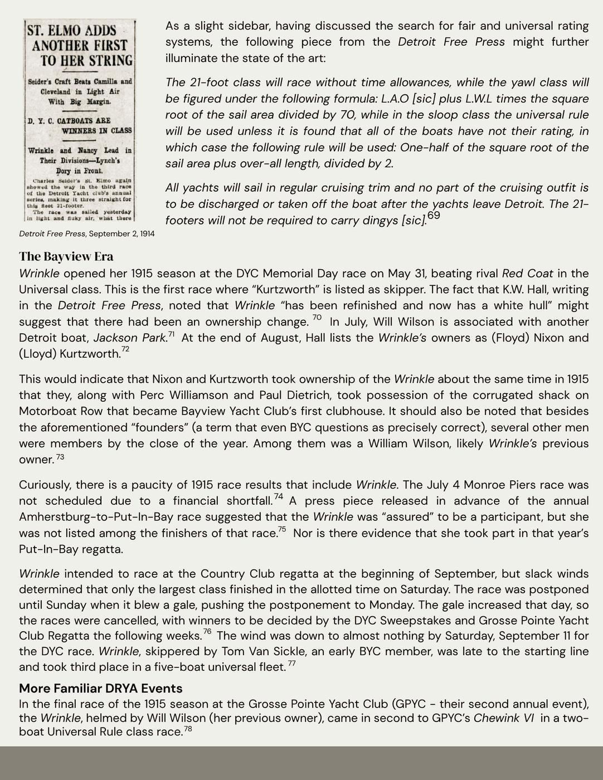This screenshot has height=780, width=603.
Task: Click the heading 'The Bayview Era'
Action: pyautogui.click(x=66, y=256)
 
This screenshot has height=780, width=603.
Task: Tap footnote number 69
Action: pyautogui.click(x=434, y=215)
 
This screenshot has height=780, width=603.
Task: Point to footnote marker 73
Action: pyautogui.click(x=60, y=457)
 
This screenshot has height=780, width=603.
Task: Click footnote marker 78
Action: pyautogui.click(x=188, y=728)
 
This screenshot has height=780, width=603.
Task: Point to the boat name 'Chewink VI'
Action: pyautogui.click(x=503, y=718)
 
